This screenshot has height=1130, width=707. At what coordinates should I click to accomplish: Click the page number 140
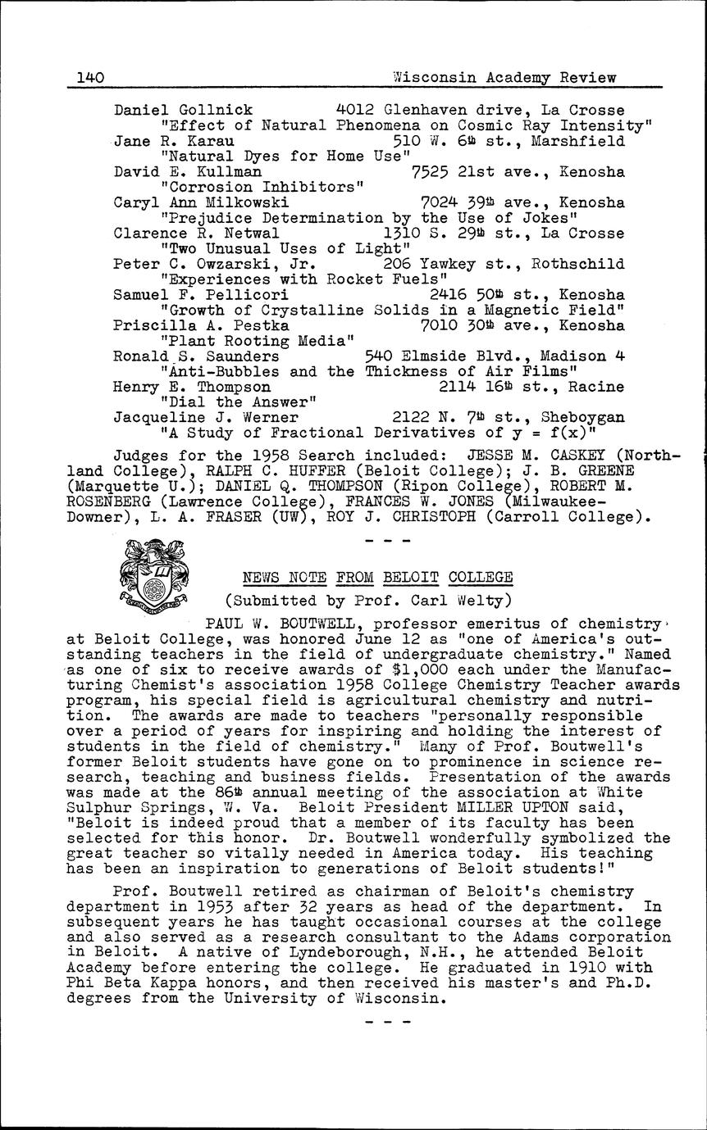pyautogui.click(x=89, y=78)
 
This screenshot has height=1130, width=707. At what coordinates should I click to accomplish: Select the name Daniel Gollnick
pyautogui.click(x=183, y=110)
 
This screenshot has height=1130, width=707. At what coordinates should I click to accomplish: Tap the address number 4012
pyautogui.click(x=355, y=110)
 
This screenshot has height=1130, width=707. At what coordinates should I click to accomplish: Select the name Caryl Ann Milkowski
pyautogui.click(x=201, y=202)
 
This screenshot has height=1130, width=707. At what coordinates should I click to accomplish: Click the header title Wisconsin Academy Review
pyautogui.click(x=504, y=78)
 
